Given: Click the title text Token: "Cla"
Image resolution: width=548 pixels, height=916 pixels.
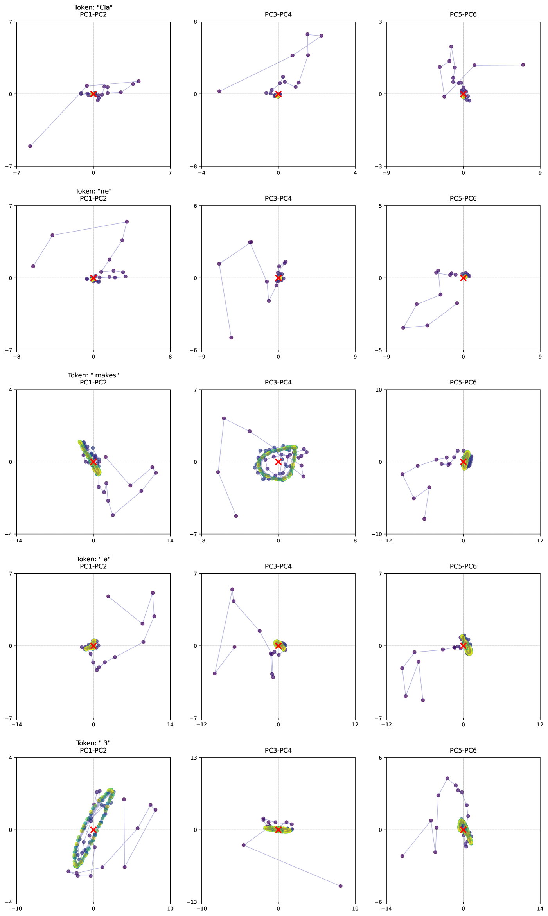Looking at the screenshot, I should point(93,7).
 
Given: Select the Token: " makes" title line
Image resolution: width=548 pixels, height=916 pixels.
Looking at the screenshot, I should point(93,375).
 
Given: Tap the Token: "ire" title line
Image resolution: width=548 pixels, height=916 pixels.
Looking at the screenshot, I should point(93,191).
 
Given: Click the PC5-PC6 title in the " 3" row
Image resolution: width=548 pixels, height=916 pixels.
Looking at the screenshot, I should point(463,750).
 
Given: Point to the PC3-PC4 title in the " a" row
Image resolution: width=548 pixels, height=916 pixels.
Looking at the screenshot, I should point(278,566).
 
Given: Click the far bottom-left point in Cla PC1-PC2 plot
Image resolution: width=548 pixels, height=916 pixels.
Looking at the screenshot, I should point(30,146).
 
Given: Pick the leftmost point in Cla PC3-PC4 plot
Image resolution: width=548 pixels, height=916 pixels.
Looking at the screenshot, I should point(219,91).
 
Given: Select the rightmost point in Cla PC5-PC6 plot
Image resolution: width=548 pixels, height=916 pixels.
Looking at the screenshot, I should point(523,65).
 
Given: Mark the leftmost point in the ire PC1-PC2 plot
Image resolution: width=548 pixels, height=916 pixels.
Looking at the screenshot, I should point(33,266).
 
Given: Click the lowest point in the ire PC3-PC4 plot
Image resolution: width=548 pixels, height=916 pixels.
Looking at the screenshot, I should point(231,338).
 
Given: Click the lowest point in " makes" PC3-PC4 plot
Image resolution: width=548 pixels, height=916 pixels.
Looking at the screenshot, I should point(236,516).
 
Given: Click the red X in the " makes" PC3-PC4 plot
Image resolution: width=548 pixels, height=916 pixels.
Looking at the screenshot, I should point(278,462).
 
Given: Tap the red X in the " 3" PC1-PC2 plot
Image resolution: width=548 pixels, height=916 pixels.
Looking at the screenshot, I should point(93,830).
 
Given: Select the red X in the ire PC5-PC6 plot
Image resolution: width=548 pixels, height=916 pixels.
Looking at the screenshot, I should point(463,278).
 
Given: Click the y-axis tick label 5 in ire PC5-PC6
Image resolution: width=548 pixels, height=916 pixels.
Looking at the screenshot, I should point(382,206).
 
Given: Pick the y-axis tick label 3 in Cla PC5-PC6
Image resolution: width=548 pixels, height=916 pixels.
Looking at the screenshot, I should point(382,22).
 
